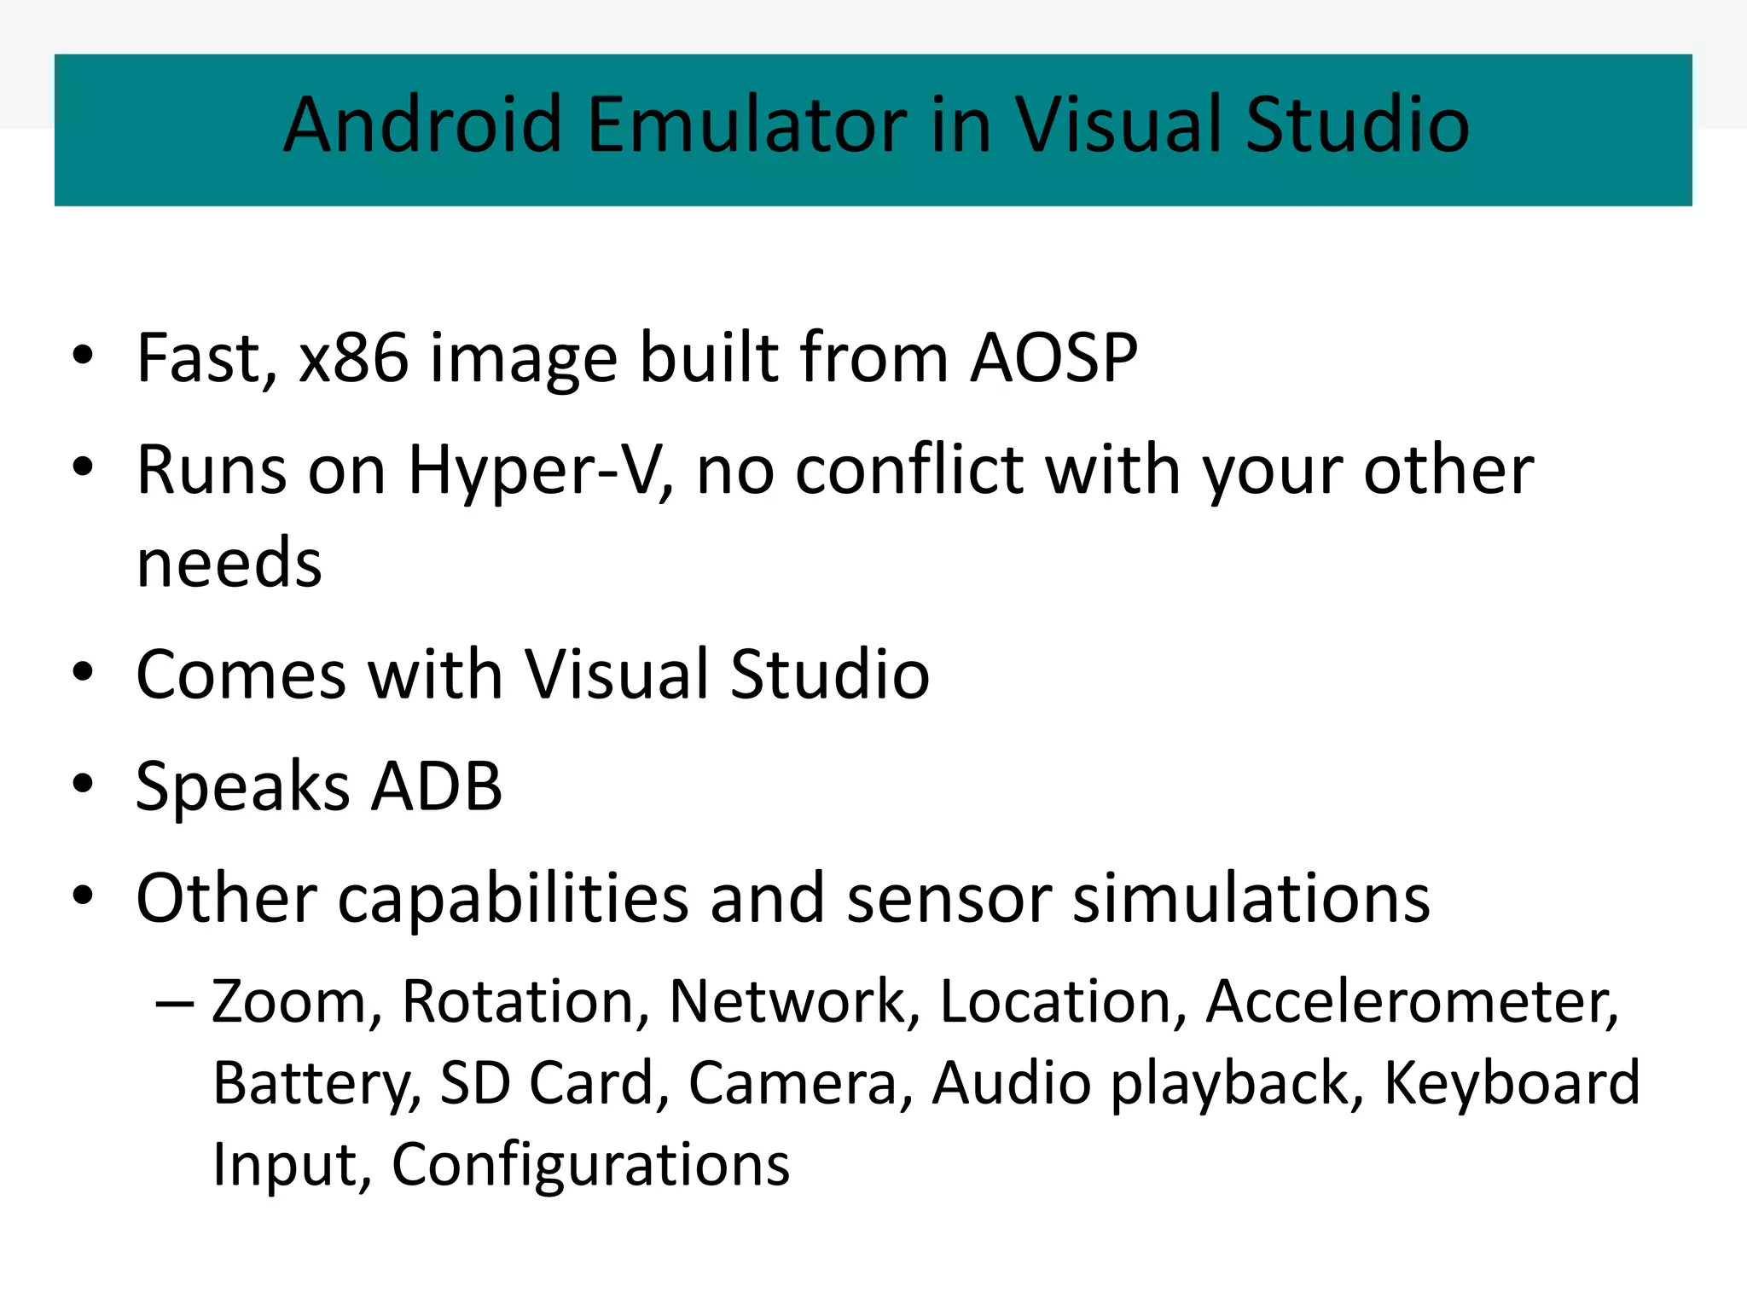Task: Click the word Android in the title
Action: [422, 125]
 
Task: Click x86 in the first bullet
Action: [353, 357]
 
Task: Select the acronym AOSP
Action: [1053, 357]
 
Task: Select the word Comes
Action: [241, 674]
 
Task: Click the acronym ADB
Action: [438, 785]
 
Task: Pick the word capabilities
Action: [514, 898]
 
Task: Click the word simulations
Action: [1251, 898]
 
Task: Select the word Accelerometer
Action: [1412, 1000]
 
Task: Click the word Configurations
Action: [590, 1165]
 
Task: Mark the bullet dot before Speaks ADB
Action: [83, 784]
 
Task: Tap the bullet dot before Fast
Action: [83, 356]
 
